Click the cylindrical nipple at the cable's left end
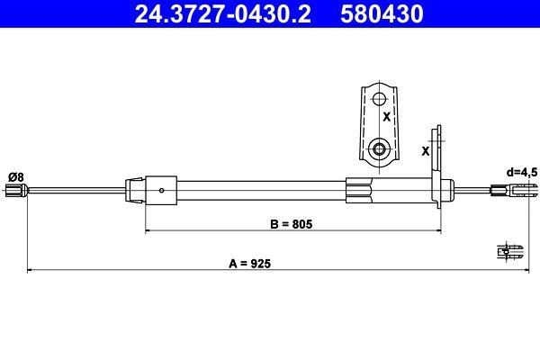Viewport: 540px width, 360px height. click(14, 190)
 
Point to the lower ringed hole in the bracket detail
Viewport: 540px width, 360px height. click(379, 147)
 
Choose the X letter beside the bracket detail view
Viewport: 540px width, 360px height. click(387, 117)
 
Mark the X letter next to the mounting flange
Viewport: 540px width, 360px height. click(425, 150)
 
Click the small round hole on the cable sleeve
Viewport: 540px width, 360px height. click(161, 190)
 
